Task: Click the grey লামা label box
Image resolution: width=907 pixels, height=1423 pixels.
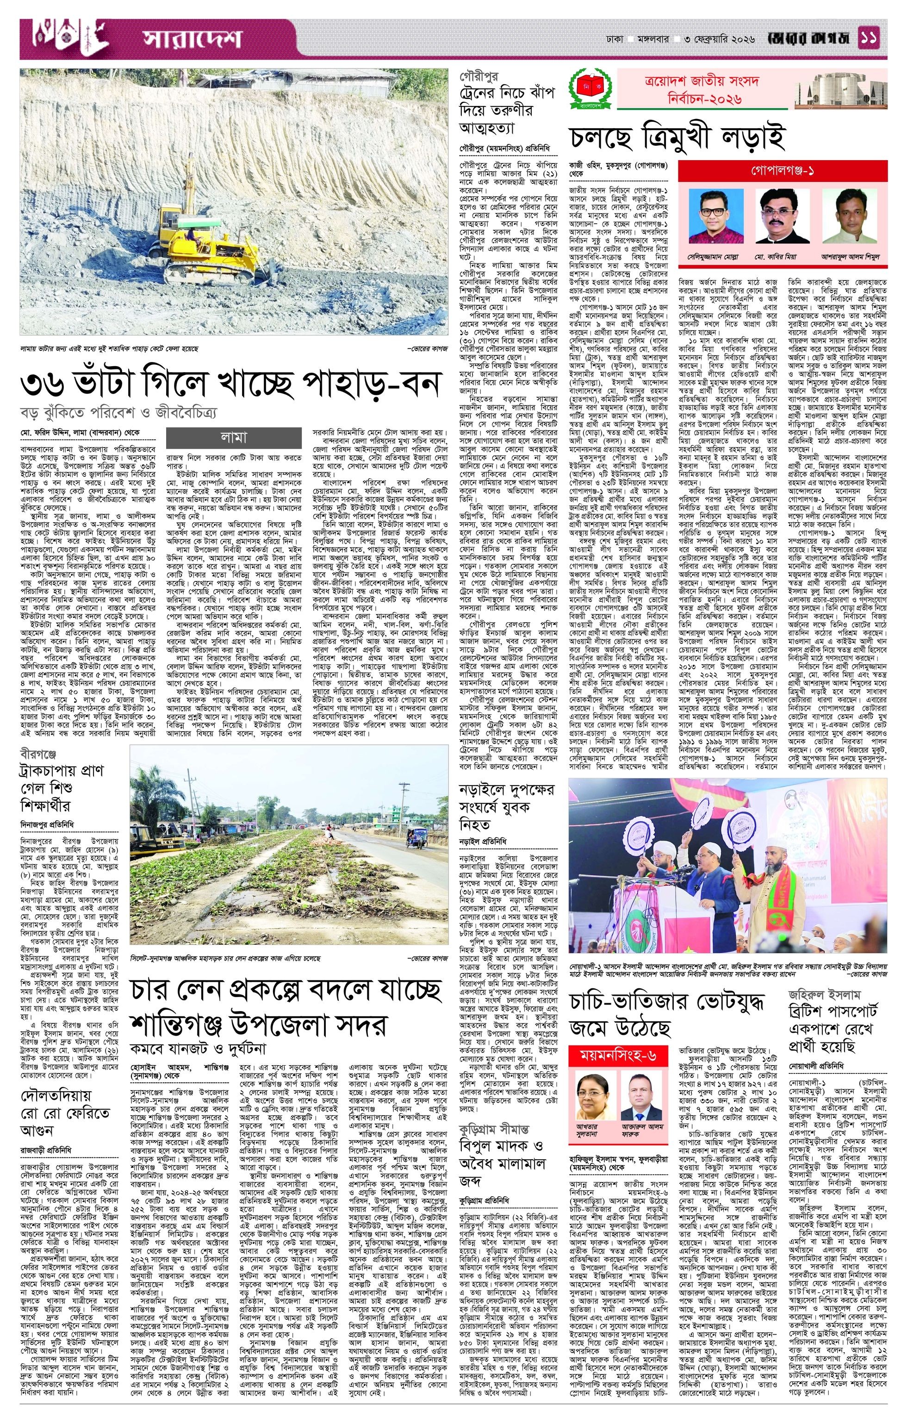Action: (x=234, y=437)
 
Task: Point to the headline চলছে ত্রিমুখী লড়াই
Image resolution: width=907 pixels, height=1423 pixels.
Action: (x=677, y=137)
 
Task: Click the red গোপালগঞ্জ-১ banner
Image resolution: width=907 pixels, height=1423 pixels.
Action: (x=783, y=171)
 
